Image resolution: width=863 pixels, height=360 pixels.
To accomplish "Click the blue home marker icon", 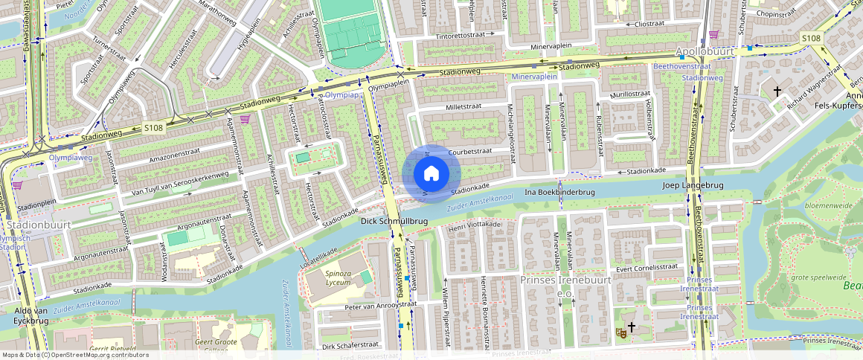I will point(431,174).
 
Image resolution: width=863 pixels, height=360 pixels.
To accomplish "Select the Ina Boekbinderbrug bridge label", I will point(560,192).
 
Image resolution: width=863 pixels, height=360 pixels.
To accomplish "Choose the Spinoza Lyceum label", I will point(339,278).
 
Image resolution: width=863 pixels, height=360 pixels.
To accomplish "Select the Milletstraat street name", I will point(463,106).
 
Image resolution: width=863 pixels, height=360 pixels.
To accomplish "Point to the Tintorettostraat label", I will point(466,36).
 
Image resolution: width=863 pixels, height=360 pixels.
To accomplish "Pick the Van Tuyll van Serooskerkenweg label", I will point(179,184).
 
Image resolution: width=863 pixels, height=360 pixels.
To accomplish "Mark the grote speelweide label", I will point(812,277).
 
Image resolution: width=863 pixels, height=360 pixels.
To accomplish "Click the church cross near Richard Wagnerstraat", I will point(777,91).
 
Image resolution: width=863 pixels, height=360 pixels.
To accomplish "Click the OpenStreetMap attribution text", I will point(74,355).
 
